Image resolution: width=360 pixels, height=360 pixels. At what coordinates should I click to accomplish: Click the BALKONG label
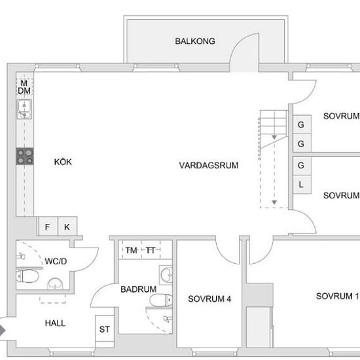195,41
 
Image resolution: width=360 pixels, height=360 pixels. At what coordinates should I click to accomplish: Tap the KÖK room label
63,162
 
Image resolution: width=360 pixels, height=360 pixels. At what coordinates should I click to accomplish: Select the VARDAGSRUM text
209,166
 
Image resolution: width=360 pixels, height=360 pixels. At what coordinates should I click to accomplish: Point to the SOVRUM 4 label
209,299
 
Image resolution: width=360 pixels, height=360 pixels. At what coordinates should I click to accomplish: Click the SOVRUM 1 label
337,296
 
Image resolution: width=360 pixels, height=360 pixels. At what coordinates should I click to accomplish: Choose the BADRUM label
138,289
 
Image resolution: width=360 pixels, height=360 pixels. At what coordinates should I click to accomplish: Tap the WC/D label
56,261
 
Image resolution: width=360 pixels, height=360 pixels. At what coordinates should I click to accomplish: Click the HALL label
55,323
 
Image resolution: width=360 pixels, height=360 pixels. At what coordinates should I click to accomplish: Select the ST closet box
104,329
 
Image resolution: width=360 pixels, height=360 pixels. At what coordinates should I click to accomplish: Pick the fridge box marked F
47,227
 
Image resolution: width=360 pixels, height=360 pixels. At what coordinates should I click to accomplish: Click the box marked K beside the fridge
67,227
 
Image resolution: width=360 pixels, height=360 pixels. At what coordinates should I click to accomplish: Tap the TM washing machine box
132,250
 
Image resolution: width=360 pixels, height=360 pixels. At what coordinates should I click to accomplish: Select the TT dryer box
151,250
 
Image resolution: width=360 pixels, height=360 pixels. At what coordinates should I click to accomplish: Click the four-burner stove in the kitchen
25,156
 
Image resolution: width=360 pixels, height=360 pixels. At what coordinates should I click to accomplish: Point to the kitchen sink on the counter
24,109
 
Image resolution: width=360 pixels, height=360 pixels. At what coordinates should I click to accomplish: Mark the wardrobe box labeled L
300,185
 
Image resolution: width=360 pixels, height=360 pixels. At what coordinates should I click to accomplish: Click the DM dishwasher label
24,90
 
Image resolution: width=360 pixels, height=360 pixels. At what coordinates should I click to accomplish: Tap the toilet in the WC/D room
29,276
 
